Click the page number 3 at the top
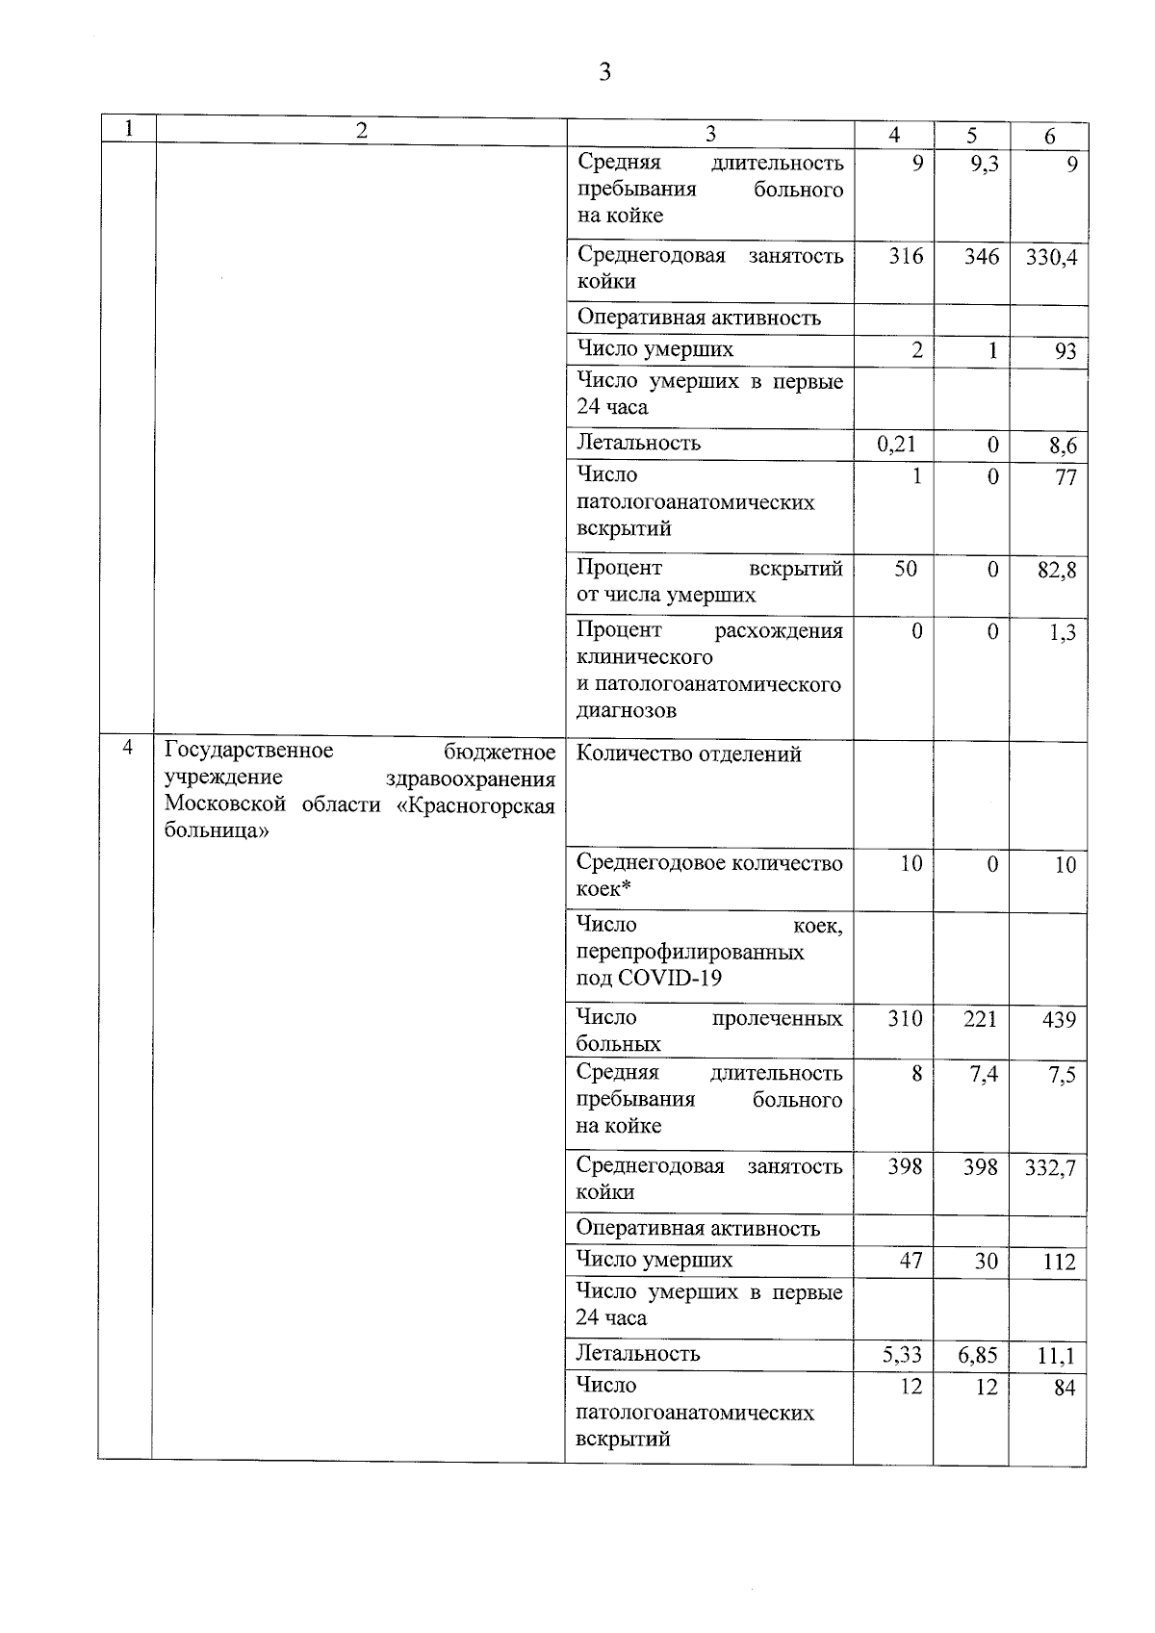pyautogui.click(x=604, y=72)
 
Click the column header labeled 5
pyautogui.click(x=972, y=136)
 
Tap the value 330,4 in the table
pyautogui.click(x=1051, y=258)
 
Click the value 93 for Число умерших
pyautogui.click(x=1065, y=351)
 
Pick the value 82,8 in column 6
pyautogui.click(x=1057, y=571)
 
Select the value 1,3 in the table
pyautogui.click(x=1063, y=633)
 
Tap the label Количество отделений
pyautogui.click(x=688, y=754)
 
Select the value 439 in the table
pyautogui.click(x=1059, y=1020)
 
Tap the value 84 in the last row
pyautogui.click(x=1064, y=1389)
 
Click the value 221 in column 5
pyautogui.click(x=980, y=1019)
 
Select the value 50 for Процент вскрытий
pyautogui.click(x=906, y=570)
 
